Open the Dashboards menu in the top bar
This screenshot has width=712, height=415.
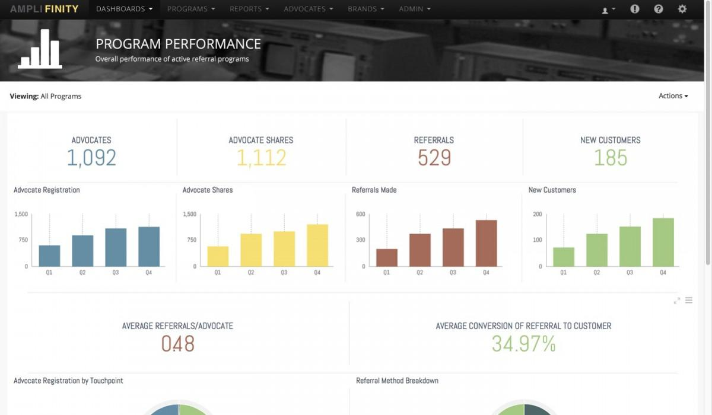pos(124,9)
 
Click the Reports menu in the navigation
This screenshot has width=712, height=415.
pos(250,9)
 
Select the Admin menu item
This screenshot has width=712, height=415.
pos(415,9)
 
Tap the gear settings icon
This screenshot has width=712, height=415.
pos(682,9)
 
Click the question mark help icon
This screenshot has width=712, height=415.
pos(659,9)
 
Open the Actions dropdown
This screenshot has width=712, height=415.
pos(673,96)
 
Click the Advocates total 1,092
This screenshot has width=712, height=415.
pos(91,158)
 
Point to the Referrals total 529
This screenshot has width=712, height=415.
pos(434,158)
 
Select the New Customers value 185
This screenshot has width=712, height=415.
pos(611,158)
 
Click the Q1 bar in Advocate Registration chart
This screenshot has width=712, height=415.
pos(50,256)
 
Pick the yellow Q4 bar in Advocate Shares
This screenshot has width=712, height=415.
pos(317,245)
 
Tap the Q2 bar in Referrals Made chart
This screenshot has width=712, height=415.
pos(420,250)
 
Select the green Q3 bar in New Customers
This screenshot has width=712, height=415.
pos(630,246)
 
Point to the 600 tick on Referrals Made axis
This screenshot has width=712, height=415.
pos(360,214)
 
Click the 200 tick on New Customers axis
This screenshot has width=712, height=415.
pos(538,214)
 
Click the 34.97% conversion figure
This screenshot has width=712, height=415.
pos(523,344)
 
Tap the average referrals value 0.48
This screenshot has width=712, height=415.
pos(177,344)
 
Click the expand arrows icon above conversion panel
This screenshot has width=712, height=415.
pos(677,301)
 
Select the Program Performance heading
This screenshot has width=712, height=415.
pos(178,44)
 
